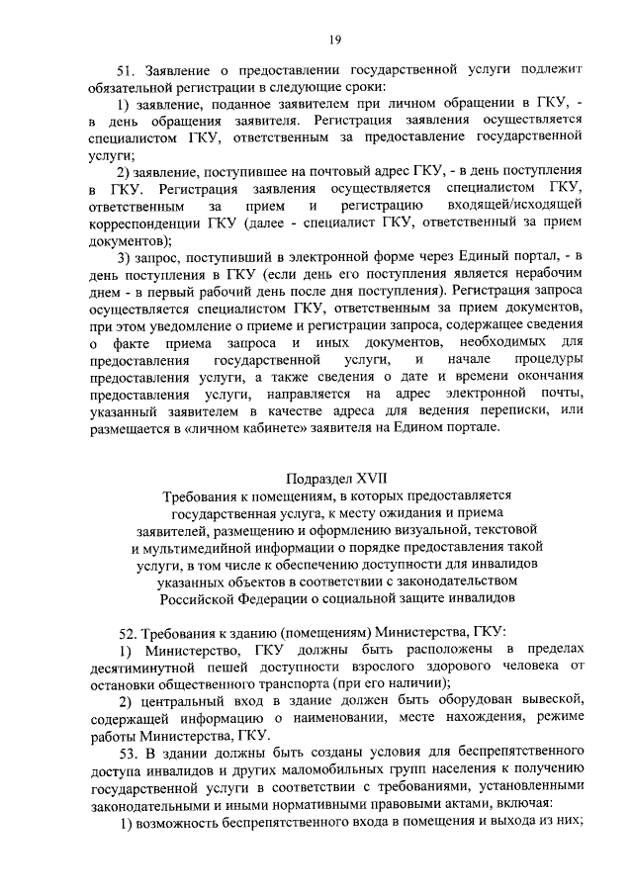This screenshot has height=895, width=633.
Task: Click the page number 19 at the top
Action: pos(335,39)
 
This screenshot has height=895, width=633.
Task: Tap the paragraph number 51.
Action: pos(126,71)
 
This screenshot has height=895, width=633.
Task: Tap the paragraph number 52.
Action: pos(126,631)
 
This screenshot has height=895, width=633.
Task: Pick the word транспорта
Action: pos(312,683)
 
